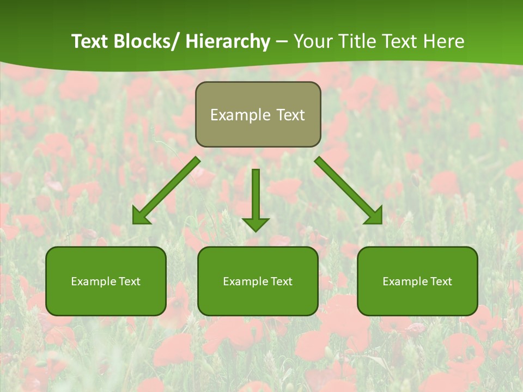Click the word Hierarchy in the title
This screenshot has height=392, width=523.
click(x=228, y=41)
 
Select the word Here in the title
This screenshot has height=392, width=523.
click(x=446, y=41)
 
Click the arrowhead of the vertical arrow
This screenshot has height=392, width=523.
click(x=256, y=224)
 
